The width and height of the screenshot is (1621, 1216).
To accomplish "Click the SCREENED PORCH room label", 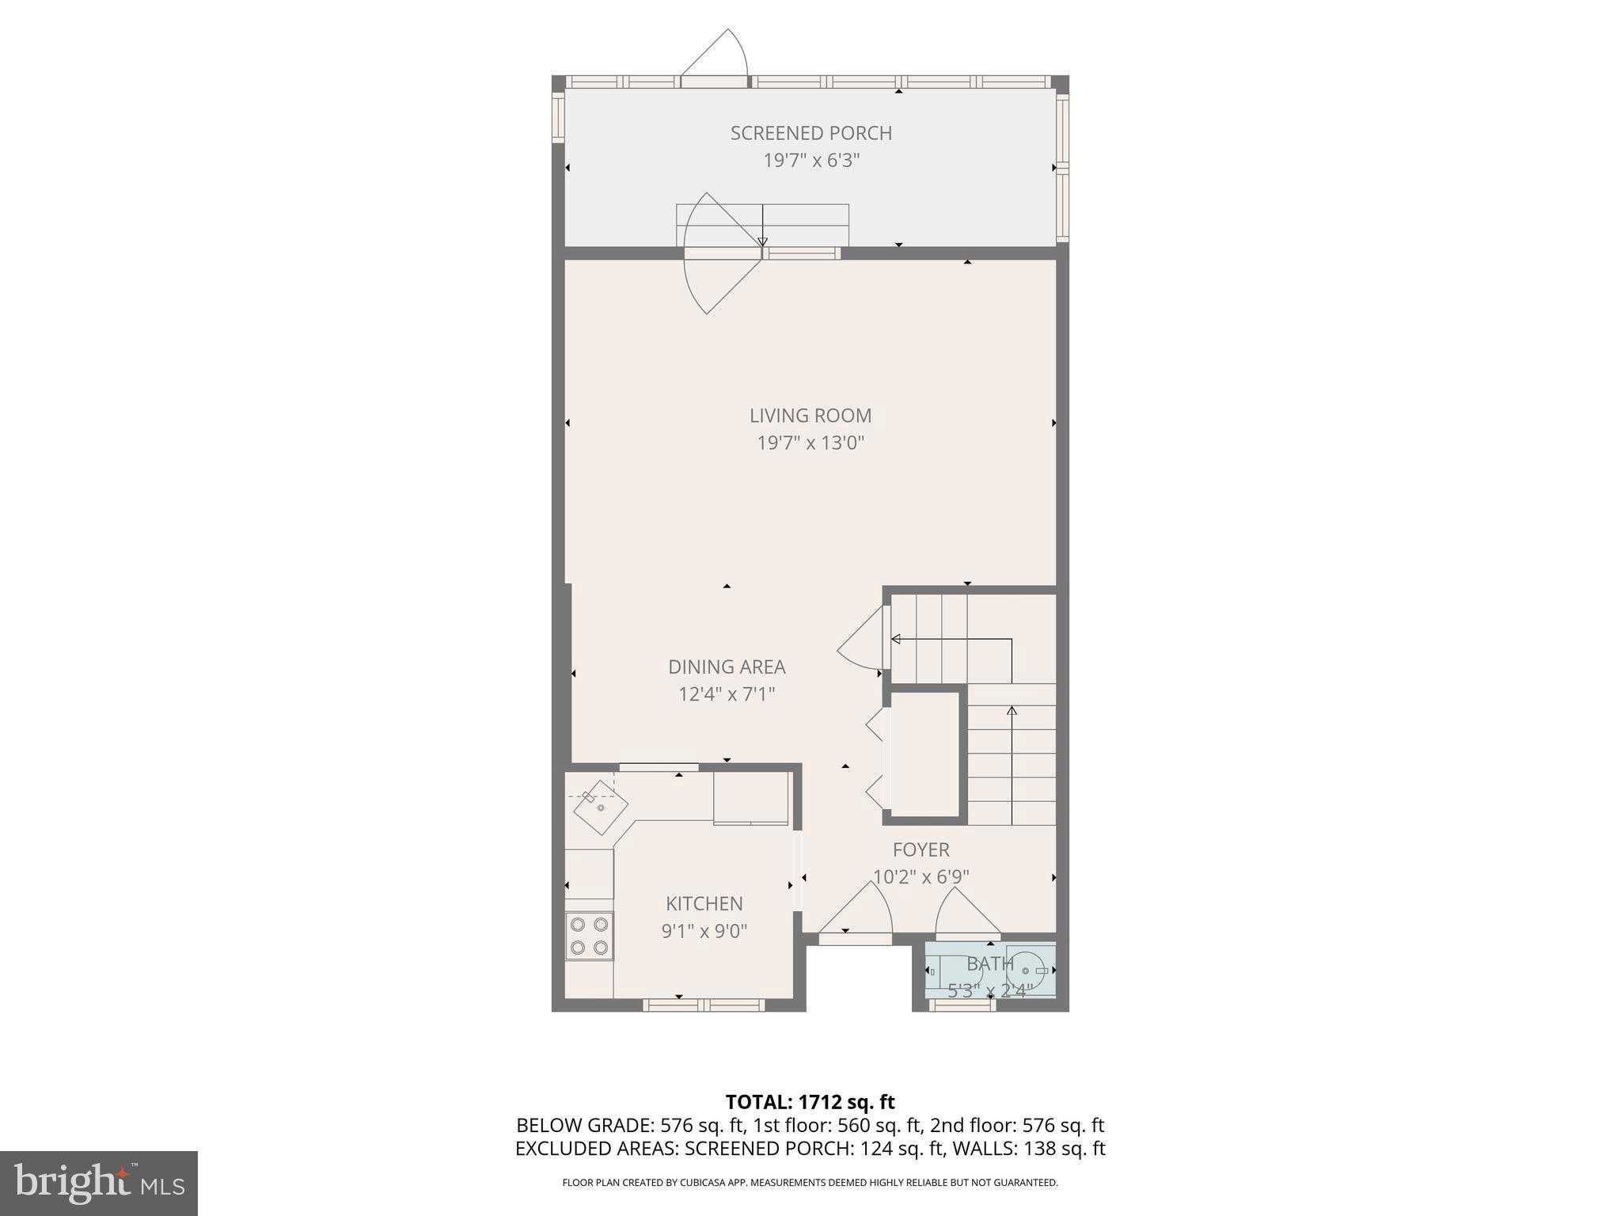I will (x=810, y=133).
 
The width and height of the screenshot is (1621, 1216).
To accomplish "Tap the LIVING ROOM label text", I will (x=810, y=415).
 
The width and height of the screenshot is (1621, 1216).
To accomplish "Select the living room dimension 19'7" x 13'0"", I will (x=810, y=443).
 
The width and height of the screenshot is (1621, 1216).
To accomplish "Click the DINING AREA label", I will (x=727, y=667).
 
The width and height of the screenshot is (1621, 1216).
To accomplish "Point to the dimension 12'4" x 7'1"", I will (x=727, y=694).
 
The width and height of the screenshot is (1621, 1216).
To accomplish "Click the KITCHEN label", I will (x=704, y=903).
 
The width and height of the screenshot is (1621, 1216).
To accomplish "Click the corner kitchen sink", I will (x=599, y=807).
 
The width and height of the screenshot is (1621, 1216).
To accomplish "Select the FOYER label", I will (x=921, y=849).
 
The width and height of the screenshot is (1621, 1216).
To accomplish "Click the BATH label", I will (x=989, y=963).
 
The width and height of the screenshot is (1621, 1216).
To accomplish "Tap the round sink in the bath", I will (x=1027, y=970).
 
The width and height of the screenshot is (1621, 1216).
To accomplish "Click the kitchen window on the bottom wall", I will (x=704, y=1005).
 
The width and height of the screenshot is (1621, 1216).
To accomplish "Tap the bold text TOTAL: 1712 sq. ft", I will (x=810, y=1101).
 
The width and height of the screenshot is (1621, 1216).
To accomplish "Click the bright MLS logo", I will (x=99, y=1183).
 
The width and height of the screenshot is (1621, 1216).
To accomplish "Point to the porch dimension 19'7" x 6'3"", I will (x=810, y=161).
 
